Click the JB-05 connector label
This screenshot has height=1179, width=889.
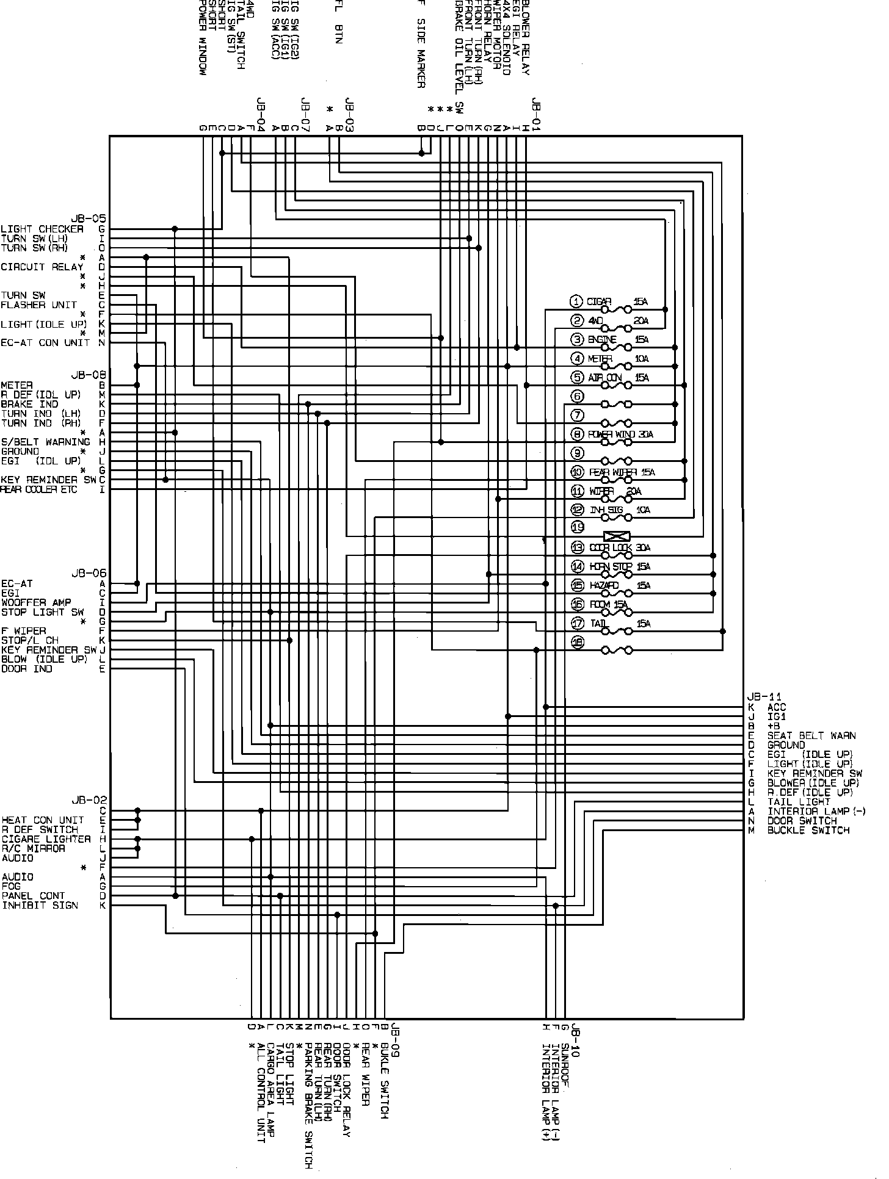(x=89, y=218)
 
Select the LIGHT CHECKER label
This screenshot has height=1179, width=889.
(x=42, y=229)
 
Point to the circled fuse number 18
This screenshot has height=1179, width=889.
(x=577, y=642)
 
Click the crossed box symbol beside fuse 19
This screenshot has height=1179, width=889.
(x=617, y=536)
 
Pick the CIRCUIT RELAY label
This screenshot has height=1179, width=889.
(x=42, y=267)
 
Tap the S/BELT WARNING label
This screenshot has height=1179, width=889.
(x=46, y=442)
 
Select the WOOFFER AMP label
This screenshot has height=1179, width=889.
(x=36, y=602)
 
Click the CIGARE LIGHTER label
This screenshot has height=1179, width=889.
(x=46, y=839)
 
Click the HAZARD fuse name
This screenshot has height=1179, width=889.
(x=604, y=586)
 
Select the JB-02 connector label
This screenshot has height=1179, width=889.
(x=89, y=801)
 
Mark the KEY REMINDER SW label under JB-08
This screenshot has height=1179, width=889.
(x=48, y=480)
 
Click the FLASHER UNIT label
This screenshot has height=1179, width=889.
(x=39, y=305)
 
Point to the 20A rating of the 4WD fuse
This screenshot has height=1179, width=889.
(x=641, y=321)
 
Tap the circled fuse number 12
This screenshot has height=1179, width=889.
(x=577, y=510)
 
